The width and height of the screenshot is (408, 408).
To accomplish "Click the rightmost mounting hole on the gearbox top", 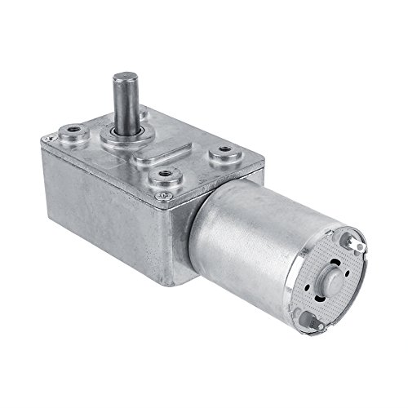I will (x=223, y=151).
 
